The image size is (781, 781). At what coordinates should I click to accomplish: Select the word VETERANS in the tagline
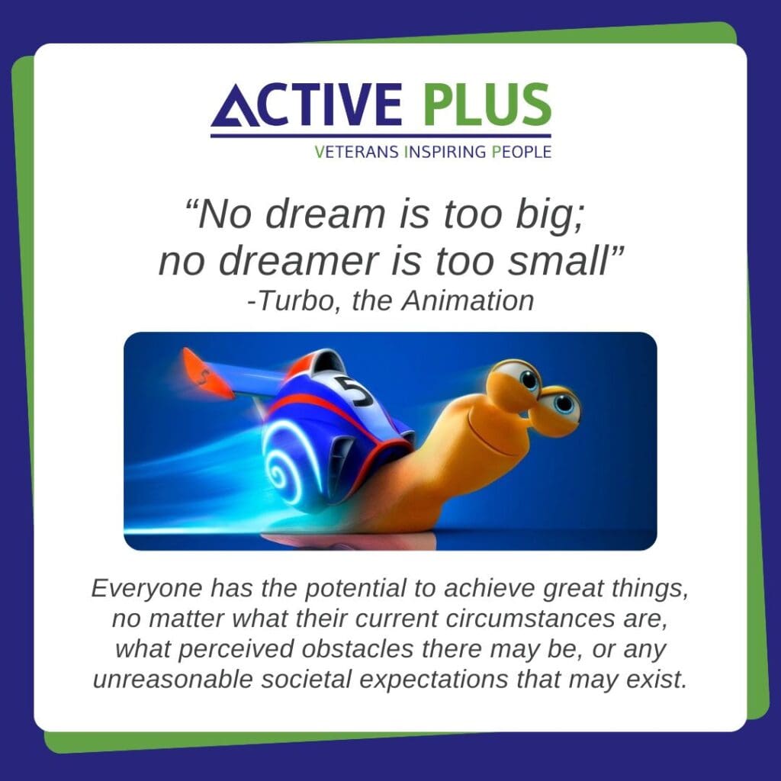pos(357,152)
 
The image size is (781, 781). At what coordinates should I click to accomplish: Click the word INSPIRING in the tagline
pos(445,152)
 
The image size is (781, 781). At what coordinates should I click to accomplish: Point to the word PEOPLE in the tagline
pos(522,152)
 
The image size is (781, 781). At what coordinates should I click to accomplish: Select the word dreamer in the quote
pos(299,261)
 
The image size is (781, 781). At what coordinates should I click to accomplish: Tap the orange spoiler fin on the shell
pos(205,373)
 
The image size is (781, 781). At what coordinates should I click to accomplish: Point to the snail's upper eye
pos(528,380)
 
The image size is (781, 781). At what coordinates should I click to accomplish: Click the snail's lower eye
pos(563,403)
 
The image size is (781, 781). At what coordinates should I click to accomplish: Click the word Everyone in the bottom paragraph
pos(146,590)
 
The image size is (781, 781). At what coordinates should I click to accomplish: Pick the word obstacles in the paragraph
pos(357,649)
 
